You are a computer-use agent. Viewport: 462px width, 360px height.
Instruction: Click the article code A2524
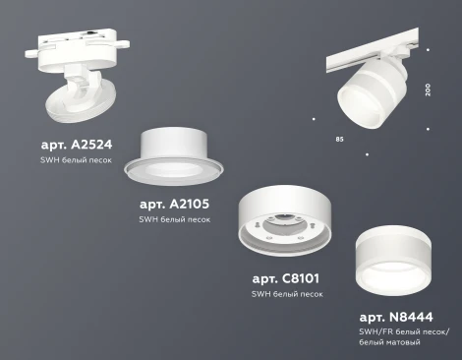pyautogui.click(x=78, y=144)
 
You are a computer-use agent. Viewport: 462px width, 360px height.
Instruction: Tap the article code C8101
pyautogui.click(x=287, y=278)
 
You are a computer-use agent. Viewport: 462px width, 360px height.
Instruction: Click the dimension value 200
pyautogui.click(x=428, y=89)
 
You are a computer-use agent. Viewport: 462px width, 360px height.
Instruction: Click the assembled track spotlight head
pyautogui.click(x=365, y=93)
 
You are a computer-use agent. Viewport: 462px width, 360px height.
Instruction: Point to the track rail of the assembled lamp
pyautogui.click(x=374, y=53)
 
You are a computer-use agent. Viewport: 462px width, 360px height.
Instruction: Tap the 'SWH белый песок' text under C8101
pyautogui.click(x=287, y=294)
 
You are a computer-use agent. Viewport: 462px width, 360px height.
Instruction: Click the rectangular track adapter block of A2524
pyautogui.click(x=89, y=43)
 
